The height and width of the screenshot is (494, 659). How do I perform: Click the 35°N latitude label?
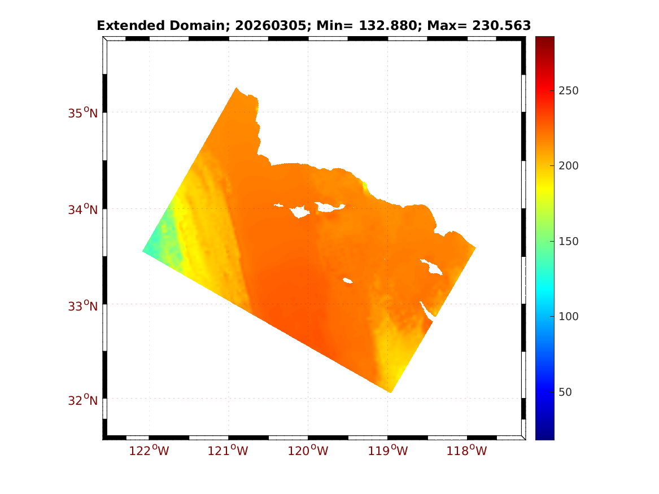pyautogui.click(x=82, y=113)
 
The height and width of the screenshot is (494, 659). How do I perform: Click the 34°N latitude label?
pyautogui.click(x=82, y=209)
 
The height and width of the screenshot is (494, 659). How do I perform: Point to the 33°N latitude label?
pyautogui.click(x=82, y=306)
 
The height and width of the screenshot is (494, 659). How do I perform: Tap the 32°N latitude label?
pyautogui.click(x=82, y=400)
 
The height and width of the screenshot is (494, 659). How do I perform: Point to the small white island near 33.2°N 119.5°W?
pyautogui.click(x=348, y=280)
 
